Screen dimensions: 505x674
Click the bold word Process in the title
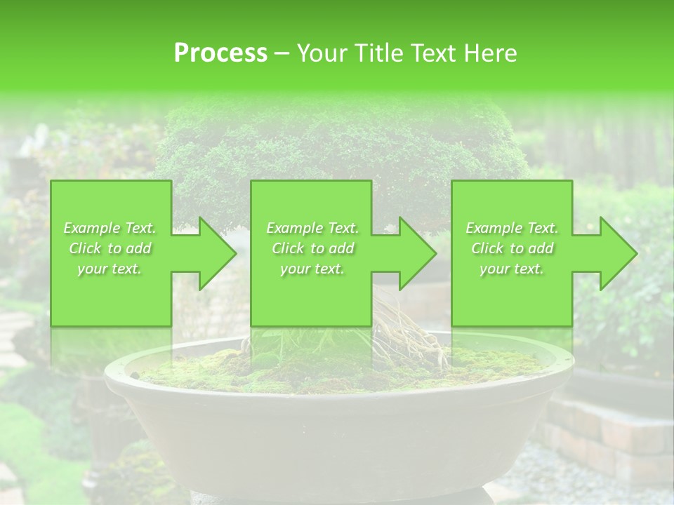click(x=220, y=53)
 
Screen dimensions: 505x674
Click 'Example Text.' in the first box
click(x=110, y=228)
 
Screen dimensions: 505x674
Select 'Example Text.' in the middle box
click(x=312, y=228)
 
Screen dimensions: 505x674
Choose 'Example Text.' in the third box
click(x=512, y=228)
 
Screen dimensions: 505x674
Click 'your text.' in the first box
click(x=110, y=269)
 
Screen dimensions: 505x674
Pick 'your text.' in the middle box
click(x=312, y=269)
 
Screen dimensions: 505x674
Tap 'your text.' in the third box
click(x=512, y=269)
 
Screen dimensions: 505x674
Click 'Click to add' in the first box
click(x=110, y=248)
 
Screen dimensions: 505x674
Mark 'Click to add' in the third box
click(x=512, y=248)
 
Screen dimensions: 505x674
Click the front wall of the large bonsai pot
click(x=337, y=435)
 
